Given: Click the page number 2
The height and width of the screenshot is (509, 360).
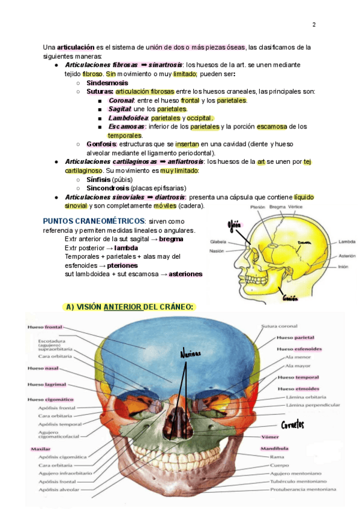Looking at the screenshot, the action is [314, 25].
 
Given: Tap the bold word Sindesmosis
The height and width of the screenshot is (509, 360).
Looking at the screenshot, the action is [107, 83].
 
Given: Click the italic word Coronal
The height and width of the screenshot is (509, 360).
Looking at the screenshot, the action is [121, 100].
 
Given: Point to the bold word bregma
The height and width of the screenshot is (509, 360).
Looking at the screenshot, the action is [171, 239].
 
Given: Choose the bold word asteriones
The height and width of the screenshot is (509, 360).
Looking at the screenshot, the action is [185, 274].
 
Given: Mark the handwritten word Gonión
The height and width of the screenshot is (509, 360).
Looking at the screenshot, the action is [290, 297].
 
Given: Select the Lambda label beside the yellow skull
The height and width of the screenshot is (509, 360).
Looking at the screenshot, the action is [347, 242].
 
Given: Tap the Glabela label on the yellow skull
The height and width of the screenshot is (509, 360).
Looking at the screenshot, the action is [218, 242].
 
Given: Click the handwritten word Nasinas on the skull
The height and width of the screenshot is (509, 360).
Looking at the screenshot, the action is [190, 354].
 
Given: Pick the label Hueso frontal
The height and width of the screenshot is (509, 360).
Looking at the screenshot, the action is [45, 328].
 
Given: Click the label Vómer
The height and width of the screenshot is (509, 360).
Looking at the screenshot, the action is [270, 436].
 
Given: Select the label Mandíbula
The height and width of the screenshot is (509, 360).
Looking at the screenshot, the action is [274, 448].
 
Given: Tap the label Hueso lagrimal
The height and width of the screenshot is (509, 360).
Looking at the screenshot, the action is [46, 384].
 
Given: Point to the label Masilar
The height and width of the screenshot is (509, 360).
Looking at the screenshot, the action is [41, 448].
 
